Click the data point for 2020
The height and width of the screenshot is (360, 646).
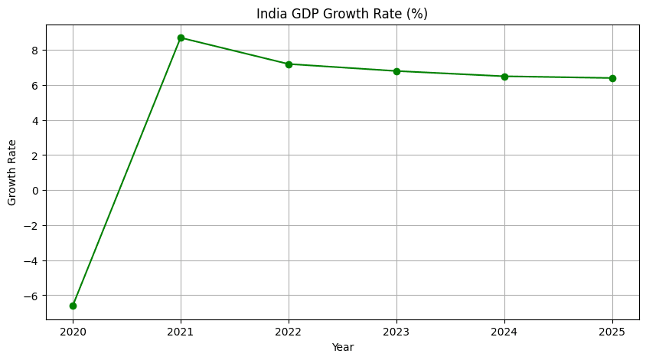(73, 306)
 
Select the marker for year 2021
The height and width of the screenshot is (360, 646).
(181, 38)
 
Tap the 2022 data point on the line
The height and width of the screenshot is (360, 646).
(289, 64)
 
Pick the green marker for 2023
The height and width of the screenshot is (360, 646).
(396, 71)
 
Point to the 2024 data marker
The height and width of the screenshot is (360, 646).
(504, 77)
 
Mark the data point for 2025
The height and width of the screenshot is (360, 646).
(612, 78)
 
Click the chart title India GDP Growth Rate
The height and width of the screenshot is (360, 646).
(342, 14)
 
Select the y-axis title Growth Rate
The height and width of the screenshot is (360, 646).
(12, 172)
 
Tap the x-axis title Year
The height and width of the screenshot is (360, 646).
(342, 347)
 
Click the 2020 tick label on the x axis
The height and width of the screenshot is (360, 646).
(73, 332)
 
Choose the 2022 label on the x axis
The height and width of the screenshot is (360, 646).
(289, 332)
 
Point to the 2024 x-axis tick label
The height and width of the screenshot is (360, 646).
(504, 332)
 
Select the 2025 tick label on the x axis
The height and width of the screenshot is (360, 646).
(612, 332)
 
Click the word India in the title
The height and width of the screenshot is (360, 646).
(271, 14)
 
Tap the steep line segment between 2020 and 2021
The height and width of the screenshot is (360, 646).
(127, 172)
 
